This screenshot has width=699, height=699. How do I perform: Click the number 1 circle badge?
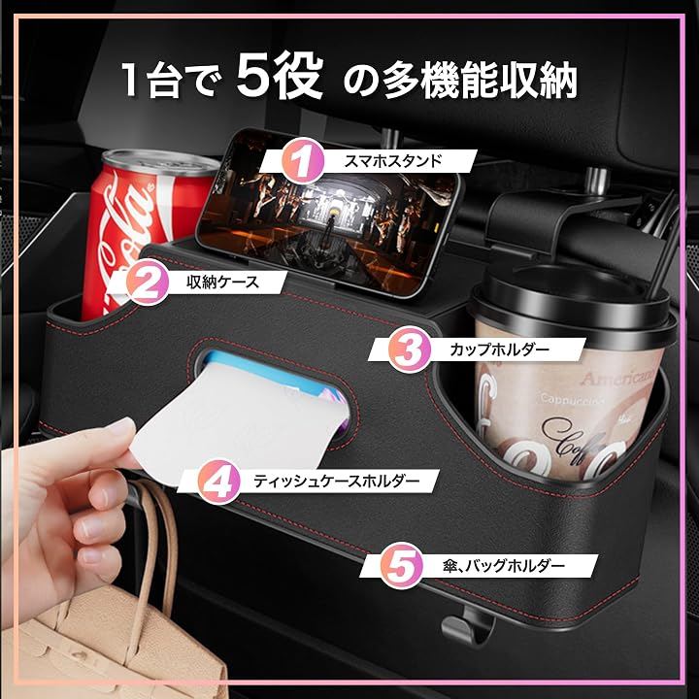303,161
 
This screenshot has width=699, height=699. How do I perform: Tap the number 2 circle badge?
148,283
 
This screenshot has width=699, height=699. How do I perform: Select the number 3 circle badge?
410,349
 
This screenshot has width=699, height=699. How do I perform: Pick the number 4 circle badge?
218,482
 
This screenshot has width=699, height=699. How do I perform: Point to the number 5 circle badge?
401,565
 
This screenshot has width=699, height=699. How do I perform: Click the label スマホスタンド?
393,161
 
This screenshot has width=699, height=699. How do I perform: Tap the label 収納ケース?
223,283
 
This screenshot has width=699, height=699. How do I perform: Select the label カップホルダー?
499,349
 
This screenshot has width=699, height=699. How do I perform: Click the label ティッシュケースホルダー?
337,481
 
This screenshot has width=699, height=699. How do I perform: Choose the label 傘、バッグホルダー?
504,566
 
